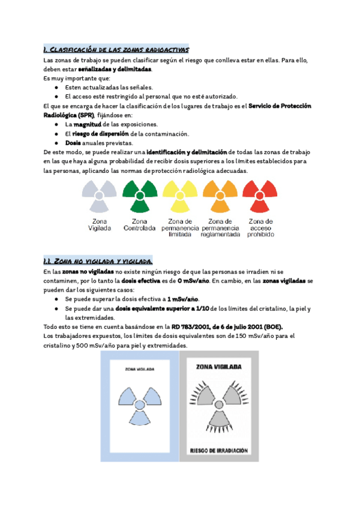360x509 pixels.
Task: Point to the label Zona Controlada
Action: point(139,224)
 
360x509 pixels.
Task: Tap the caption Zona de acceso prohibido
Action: point(260,228)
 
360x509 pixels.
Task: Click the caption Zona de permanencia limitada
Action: point(180,228)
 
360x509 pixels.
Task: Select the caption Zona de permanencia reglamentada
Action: point(220,228)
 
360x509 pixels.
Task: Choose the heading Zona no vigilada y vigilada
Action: point(98,261)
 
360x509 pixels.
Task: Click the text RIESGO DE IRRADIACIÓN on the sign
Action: point(219,449)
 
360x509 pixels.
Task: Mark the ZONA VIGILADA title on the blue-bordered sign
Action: point(141,370)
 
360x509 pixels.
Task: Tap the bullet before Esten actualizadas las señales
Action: point(56,87)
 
